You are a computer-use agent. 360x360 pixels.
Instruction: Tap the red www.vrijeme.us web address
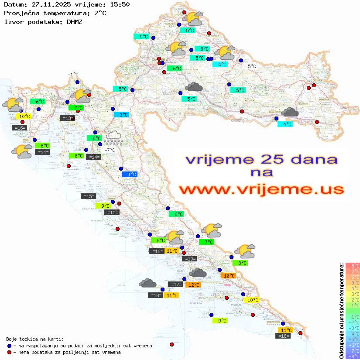(x=261, y=189)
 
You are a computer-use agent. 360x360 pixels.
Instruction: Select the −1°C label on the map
(x=73, y=75)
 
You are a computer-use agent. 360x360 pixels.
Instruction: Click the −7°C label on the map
(x=110, y=150)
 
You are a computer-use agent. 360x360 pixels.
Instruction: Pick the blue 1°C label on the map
(x=130, y=175)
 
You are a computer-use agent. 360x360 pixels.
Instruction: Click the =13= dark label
(x=67, y=118)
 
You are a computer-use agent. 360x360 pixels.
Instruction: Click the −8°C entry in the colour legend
(x=352, y=356)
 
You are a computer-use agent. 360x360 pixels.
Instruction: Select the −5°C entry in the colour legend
(x=352, y=339)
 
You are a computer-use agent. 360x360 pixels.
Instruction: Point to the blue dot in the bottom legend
(x=9, y=346)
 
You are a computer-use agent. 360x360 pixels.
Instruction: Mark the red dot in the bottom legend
(x=9, y=352)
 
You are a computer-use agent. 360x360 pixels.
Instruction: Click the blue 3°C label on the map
(x=121, y=115)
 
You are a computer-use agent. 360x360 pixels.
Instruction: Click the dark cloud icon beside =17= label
(x=198, y=274)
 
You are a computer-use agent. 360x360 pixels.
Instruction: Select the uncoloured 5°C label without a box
(x=252, y=66)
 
